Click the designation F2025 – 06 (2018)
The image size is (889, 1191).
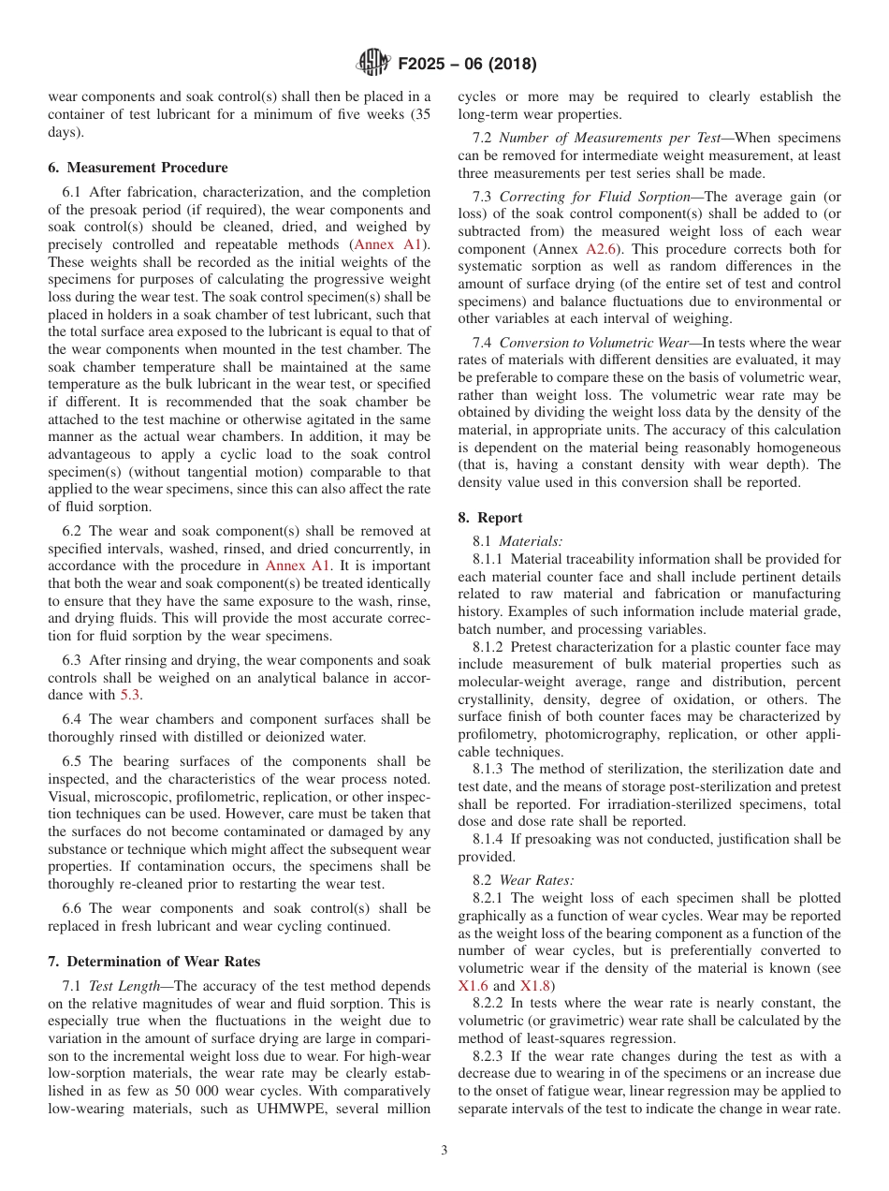467,65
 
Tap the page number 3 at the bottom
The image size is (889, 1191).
444,1151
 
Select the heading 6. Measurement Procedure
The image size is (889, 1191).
138,168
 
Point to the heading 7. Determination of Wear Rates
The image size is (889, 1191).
153,962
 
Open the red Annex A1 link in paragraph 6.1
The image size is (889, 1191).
385,244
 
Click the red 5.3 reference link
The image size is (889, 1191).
131,695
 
